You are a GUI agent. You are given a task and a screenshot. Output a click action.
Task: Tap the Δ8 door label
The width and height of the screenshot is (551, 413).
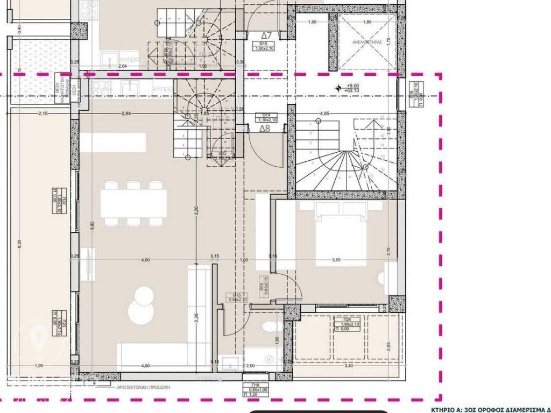[265, 129]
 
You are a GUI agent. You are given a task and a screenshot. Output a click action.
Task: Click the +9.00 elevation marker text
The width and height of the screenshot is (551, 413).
[353, 86]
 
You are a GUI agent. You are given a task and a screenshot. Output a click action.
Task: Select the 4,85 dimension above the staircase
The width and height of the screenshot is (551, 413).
[324, 114]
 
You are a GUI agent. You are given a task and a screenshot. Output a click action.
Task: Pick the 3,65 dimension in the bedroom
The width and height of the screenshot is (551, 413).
[336, 260]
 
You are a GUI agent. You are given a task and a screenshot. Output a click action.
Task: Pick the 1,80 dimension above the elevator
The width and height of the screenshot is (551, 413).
[367, 22]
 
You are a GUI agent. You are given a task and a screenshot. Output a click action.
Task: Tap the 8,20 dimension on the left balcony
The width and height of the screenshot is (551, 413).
[19, 243]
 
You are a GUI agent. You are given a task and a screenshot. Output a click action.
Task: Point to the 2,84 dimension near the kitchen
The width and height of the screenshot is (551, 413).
[126, 113]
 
